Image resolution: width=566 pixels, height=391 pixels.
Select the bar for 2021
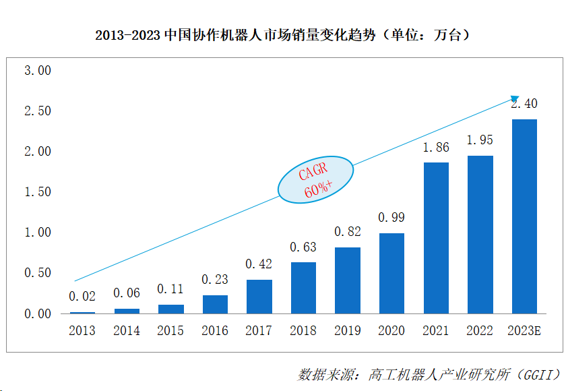click(436, 238)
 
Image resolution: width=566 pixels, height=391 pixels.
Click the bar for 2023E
click(524, 216)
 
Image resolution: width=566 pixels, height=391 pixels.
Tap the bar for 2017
click(259, 297)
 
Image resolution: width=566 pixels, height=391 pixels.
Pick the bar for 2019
click(348, 280)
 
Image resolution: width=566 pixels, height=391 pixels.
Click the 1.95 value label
click(480, 140)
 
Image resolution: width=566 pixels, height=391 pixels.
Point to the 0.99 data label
click(391, 218)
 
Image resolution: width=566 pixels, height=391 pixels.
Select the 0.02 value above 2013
click(82, 296)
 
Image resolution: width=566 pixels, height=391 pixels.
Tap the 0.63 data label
click(303, 247)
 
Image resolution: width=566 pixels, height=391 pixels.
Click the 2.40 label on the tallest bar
click(524, 104)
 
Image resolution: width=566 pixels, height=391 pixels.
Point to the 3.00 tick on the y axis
click(38, 71)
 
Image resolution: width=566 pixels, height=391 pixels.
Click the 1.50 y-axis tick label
click(38, 192)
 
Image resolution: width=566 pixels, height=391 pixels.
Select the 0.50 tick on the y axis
click(38, 273)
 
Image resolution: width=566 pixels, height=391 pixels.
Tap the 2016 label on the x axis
click(215, 331)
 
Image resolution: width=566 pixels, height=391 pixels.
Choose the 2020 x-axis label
click(391, 331)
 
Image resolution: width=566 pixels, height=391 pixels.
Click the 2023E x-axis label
click(524, 331)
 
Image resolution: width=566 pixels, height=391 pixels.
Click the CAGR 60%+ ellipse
click(317, 180)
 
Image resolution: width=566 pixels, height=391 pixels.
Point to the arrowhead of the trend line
click(515, 99)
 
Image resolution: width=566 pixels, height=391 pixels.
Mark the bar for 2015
click(171, 309)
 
